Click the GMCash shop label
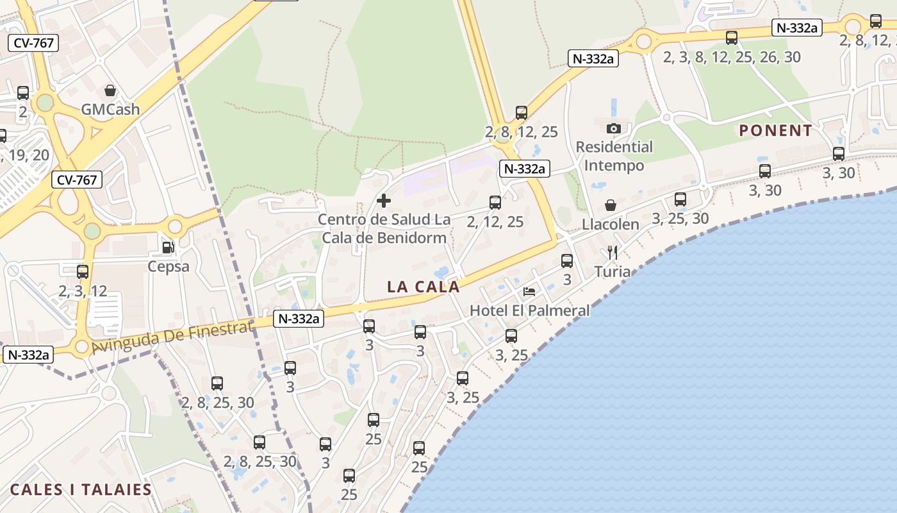coord(110,109)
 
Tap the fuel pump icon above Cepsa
coord(168,247)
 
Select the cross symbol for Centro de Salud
coord(384,201)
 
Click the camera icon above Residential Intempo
coord(614,128)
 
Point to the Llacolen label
coord(611,224)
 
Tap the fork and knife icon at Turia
coord(613,252)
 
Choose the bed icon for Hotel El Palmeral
coord(529,291)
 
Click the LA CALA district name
coord(424,287)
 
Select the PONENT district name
coord(776,131)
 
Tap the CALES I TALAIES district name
coord(81,490)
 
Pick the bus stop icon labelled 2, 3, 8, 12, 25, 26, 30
coord(732,38)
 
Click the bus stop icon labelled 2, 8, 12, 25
coord(522,113)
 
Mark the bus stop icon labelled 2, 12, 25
coord(495,203)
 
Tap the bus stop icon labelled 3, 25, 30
coord(680,199)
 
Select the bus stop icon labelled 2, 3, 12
coord(83,271)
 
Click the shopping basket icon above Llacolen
coord(611,205)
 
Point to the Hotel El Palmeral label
coord(530,310)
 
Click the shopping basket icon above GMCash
coord(110,90)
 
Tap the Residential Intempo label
coord(614,156)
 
